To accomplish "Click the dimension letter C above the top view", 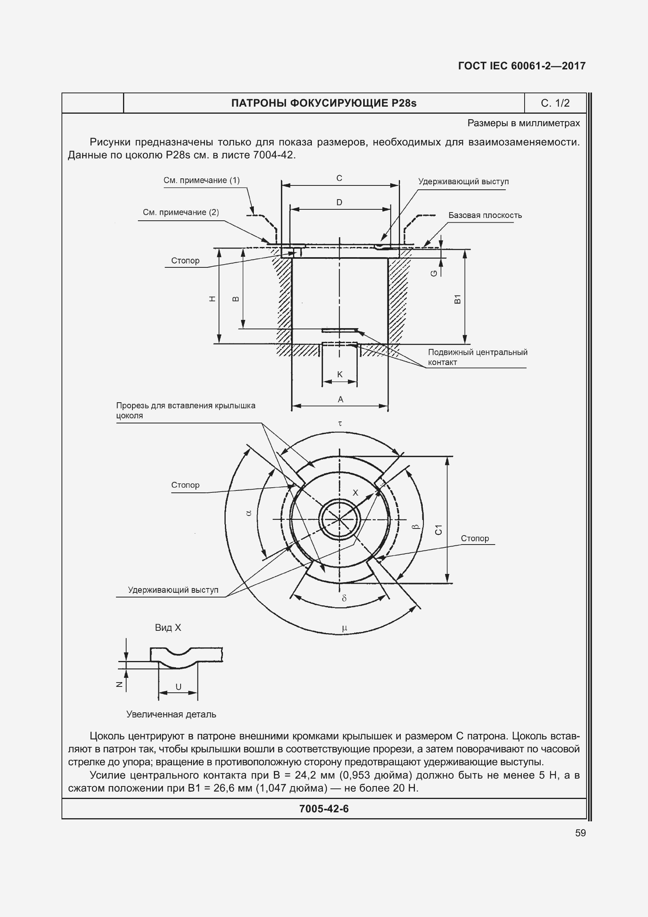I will point(339,178).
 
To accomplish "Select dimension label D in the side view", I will point(339,202).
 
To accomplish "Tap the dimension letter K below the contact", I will point(340,374).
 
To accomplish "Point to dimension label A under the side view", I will point(340,399).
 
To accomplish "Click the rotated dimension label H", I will point(213,298).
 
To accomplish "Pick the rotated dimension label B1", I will point(458,299).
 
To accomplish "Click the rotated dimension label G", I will point(434,273).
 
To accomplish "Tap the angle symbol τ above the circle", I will point(340,423).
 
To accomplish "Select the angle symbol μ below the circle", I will point(344,628).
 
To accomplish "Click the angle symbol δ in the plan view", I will point(344,598).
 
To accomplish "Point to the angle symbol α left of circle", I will point(249,513).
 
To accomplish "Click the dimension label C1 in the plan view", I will point(438,530).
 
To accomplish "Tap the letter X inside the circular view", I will point(355,493).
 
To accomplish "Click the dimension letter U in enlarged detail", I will point(178,687).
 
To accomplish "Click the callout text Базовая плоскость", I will point(485,215).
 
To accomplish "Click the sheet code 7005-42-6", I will point(324,809).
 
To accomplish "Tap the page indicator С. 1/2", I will point(555,104).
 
